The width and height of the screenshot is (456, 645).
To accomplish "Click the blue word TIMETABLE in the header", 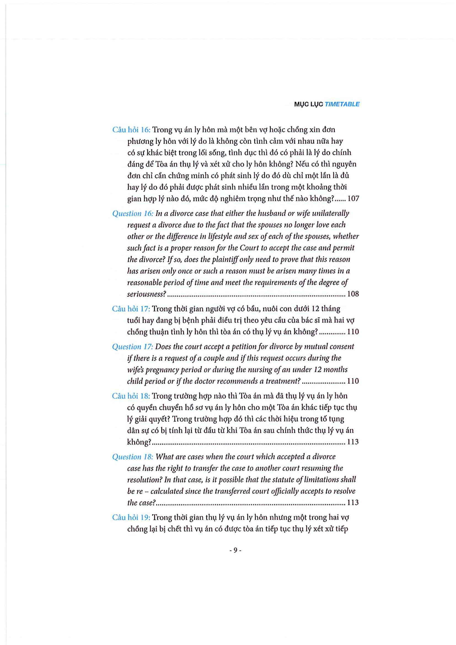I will (342, 104).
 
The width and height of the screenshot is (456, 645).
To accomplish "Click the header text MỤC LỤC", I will (308, 104).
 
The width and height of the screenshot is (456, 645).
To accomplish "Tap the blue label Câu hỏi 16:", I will (132, 130).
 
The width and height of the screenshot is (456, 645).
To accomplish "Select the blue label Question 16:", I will (133, 213).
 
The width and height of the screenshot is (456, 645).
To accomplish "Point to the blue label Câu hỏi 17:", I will (131, 309).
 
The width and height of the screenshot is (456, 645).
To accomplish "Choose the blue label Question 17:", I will (133, 347).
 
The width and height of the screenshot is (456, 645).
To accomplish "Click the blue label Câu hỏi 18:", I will (131, 396).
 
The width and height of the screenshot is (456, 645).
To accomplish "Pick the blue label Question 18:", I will (133, 457).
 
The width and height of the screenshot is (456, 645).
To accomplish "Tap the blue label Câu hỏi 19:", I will (131, 517).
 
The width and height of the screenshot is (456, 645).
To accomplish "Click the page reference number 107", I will (353, 199).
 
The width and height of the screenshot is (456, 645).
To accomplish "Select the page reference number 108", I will (353, 294).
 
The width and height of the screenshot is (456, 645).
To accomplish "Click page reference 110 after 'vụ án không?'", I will (353, 332).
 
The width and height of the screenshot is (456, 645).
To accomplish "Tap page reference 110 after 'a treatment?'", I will (353, 381).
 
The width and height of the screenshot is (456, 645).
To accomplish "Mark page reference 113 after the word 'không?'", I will (353, 442).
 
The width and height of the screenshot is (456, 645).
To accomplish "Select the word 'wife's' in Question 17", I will (136, 370).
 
